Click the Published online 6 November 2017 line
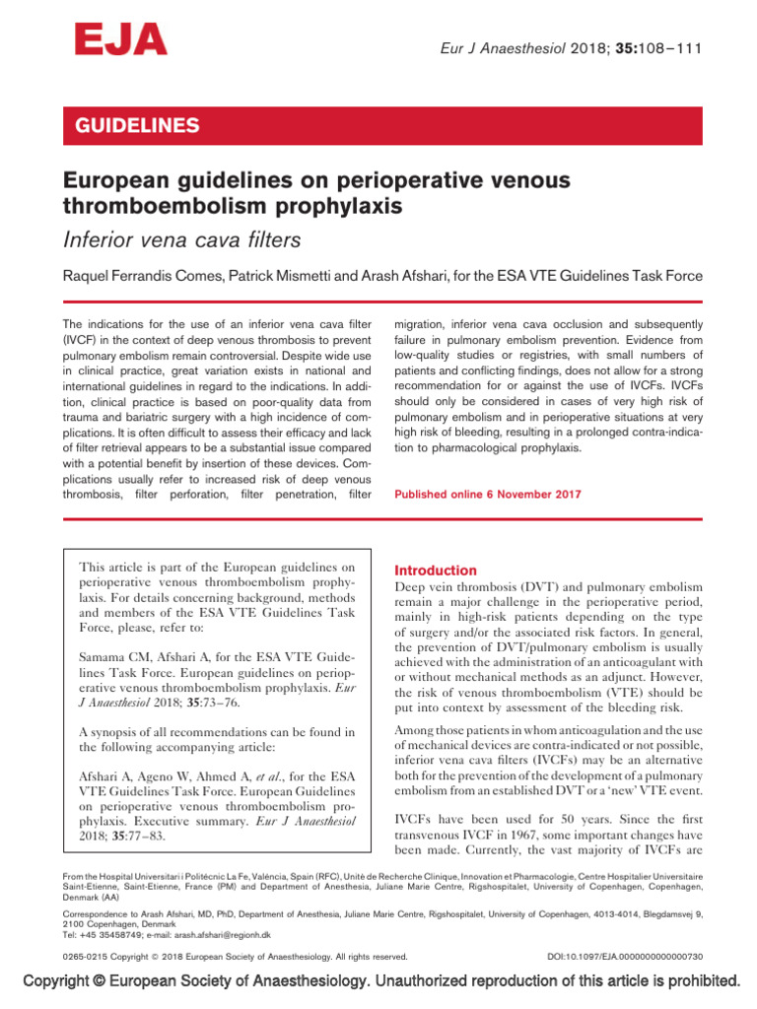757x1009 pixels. pyautogui.click(x=487, y=494)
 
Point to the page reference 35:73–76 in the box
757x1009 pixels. pyautogui.click(x=198, y=704)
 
